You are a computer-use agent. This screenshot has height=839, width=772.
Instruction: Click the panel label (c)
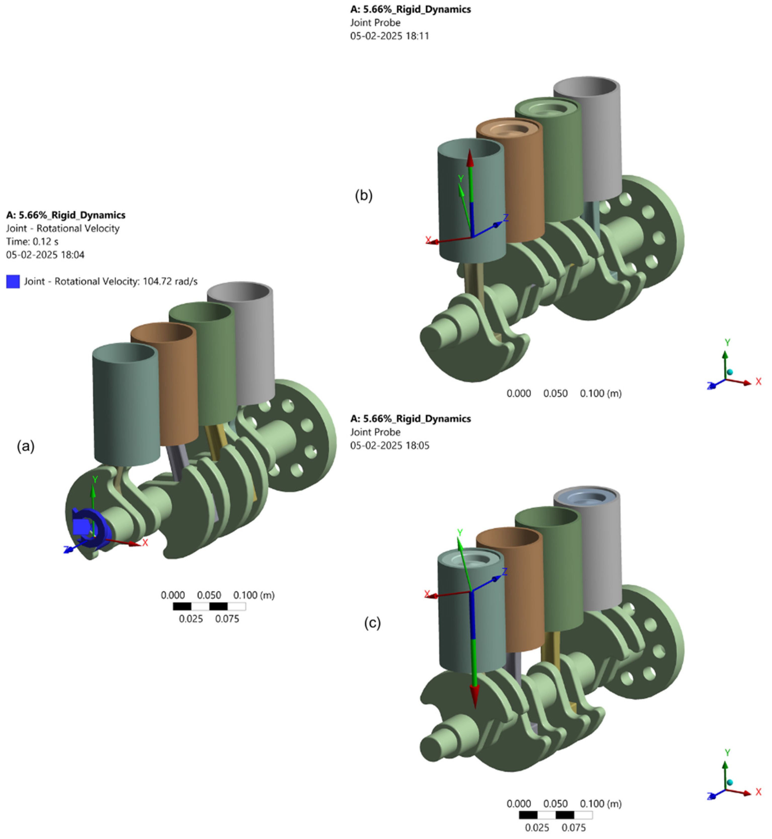[x=372, y=623]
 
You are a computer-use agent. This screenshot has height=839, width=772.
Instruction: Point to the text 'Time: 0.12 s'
[x=32, y=242]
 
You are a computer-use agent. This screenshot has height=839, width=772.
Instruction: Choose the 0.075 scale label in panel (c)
[x=573, y=827]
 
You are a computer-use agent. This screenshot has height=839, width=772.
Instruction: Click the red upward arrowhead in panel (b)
[x=470, y=159]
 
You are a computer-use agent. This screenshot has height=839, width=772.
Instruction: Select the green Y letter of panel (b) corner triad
[x=727, y=342]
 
